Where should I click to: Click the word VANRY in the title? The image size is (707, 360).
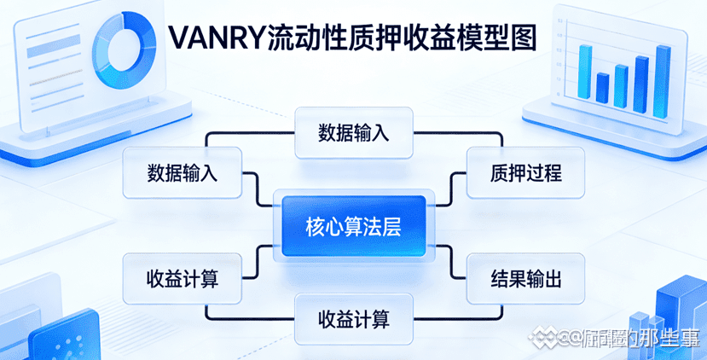pyautogui.click(x=216, y=38)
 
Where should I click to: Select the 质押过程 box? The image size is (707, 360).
pyautogui.click(x=525, y=173)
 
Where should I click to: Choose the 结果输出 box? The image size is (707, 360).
pyautogui.click(x=525, y=279)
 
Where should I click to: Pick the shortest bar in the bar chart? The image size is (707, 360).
pyautogui.click(x=602, y=87)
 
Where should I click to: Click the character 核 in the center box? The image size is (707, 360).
pyautogui.click(x=315, y=227)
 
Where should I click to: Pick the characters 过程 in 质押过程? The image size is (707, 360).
pyautogui.click(x=543, y=173)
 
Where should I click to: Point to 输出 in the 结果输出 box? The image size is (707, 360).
pyautogui.click(x=543, y=279)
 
